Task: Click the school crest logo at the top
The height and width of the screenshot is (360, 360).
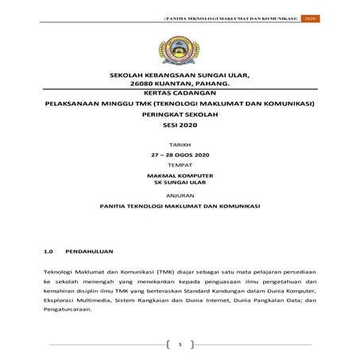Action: click(x=180, y=47)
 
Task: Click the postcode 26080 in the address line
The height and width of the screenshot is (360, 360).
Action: click(x=145, y=83)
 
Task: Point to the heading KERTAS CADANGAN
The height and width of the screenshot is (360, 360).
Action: click(x=180, y=92)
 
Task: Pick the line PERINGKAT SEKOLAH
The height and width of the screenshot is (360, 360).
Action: click(x=180, y=114)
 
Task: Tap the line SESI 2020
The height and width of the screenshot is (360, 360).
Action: click(x=180, y=126)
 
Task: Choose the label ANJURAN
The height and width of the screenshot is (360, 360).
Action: click(x=180, y=193)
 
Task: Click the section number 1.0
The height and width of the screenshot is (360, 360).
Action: click(x=48, y=251)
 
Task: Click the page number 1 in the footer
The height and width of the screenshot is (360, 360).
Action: click(x=180, y=344)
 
